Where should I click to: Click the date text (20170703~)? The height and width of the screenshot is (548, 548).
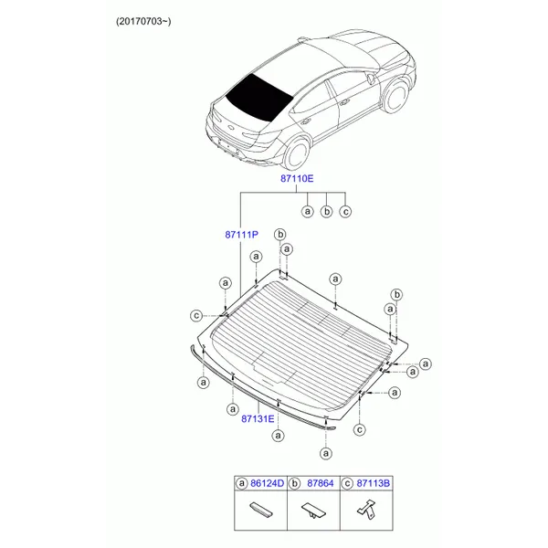(x=143, y=22)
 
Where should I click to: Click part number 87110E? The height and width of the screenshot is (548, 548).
(x=297, y=179)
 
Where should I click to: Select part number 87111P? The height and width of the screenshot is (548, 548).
(x=241, y=235)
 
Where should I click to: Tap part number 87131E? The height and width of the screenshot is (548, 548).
(x=258, y=418)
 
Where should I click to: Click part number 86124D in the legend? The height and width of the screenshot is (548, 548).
(x=268, y=483)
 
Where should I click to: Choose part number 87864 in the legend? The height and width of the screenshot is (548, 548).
(x=321, y=483)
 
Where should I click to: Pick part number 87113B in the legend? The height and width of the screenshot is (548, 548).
(x=374, y=483)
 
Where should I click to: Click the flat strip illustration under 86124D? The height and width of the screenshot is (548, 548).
(x=261, y=510)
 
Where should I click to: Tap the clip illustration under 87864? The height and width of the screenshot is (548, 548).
(x=313, y=511)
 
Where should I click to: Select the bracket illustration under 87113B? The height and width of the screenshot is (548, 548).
(x=366, y=509)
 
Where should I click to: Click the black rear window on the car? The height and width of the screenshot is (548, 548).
(x=259, y=97)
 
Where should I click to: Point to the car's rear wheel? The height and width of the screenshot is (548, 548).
(x=296, y=153)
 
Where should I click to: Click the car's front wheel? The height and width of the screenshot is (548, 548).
(x=395, y=96)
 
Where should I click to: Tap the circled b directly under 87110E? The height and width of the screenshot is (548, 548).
(x=326, y=212)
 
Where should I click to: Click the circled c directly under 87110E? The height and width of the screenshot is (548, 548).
(x=345, y=212)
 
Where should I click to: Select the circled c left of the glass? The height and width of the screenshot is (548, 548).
(x=196, y=316)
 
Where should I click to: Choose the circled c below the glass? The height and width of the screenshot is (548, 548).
(x=360, y=429)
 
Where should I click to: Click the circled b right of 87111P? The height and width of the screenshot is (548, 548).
(x=280, y=235)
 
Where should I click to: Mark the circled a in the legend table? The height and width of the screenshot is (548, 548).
(x=241, y=483)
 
